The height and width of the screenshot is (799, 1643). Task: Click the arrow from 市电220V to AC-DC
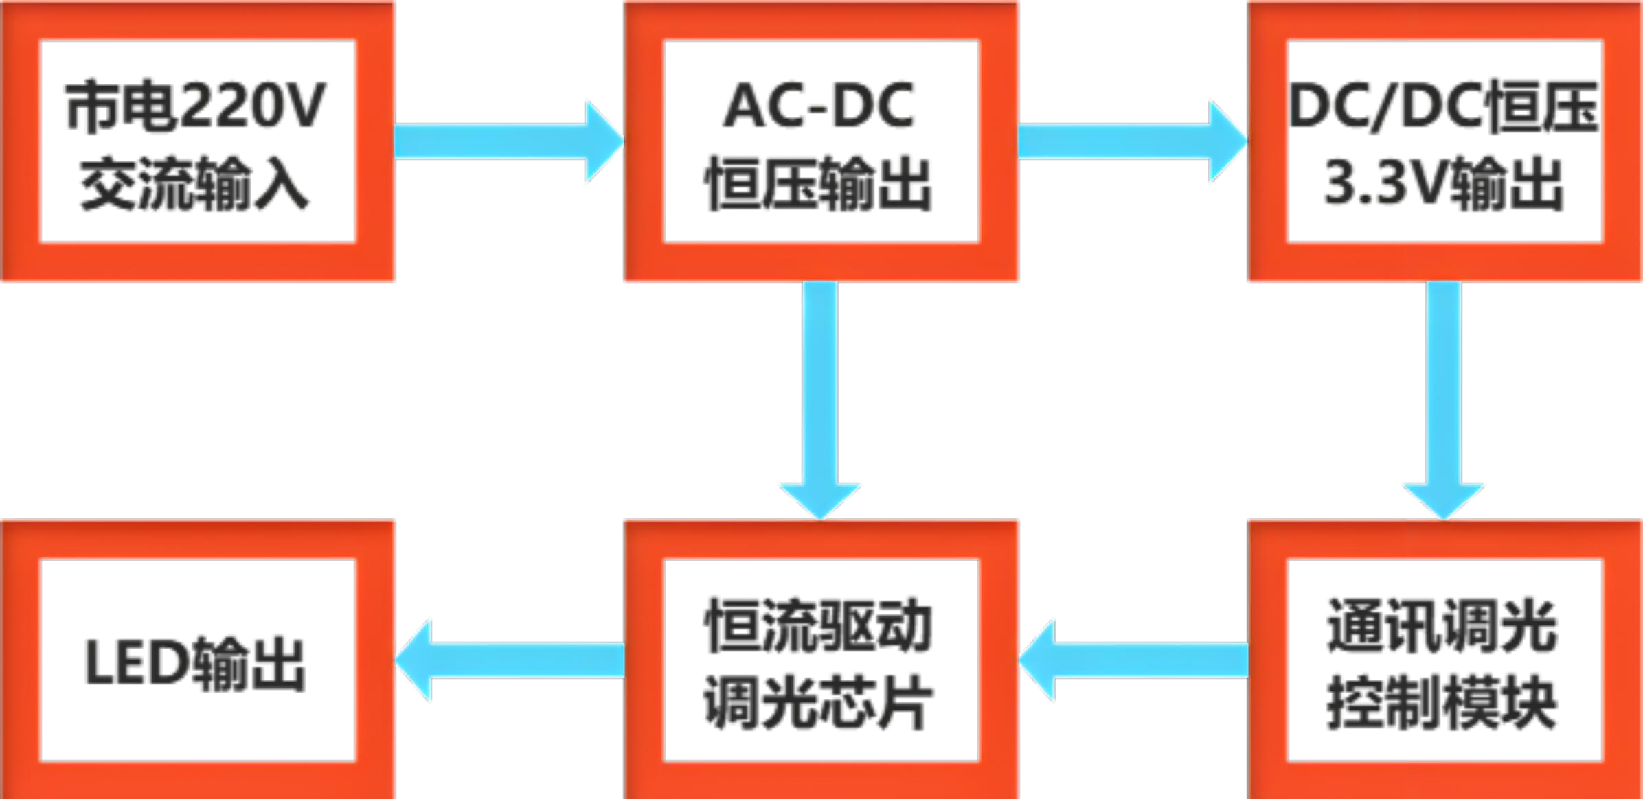[x=508, y=141]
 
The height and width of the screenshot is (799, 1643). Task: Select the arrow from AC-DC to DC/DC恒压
[x=1132, y=141]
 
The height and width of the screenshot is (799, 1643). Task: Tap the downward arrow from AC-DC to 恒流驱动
[x=820, y=398]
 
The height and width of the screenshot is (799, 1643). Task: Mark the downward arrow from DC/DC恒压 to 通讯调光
[x=1444, y=398]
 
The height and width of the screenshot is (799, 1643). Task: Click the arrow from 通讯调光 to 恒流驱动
[x=1133, y=660]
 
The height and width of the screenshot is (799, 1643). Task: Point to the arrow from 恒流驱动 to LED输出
[x=510, y=660]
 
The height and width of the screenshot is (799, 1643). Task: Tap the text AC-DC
[x=819, y=106]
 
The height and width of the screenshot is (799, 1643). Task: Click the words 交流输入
[x=195, y=184]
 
